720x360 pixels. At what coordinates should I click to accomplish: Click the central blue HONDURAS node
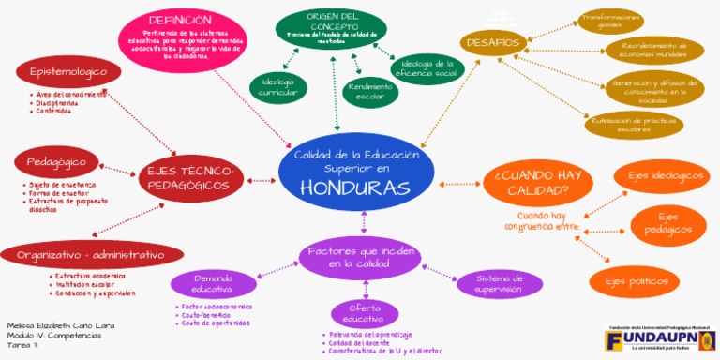pyautogui.click(x=356, y=178)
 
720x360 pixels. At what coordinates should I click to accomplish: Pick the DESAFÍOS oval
pyautogui.click(x=491, y=42)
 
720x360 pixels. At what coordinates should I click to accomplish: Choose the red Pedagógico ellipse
pyautogui.click(x=56, y=162)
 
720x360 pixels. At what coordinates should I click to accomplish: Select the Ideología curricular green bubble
pyautogui.click(x=277, y=86)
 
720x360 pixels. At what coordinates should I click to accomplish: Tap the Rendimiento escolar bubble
pyautogui.click(x=369, y=90)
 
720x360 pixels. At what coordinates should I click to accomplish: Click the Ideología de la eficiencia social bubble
pyautogui.click(x=427, y=68)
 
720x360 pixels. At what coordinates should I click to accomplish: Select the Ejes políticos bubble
pyautogui.click(x=634, y=280)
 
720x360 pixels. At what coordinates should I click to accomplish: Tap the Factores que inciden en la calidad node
pyautogui.click(x=359, y=257)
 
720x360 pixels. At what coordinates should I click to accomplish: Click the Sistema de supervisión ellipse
pyautogui.click(x=498, y=283)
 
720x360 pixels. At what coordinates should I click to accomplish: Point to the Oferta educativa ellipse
pyautogui.click(x=364, y=314)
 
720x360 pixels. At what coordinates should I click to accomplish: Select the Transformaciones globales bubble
pyautogui.click(x=609, y=21)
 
